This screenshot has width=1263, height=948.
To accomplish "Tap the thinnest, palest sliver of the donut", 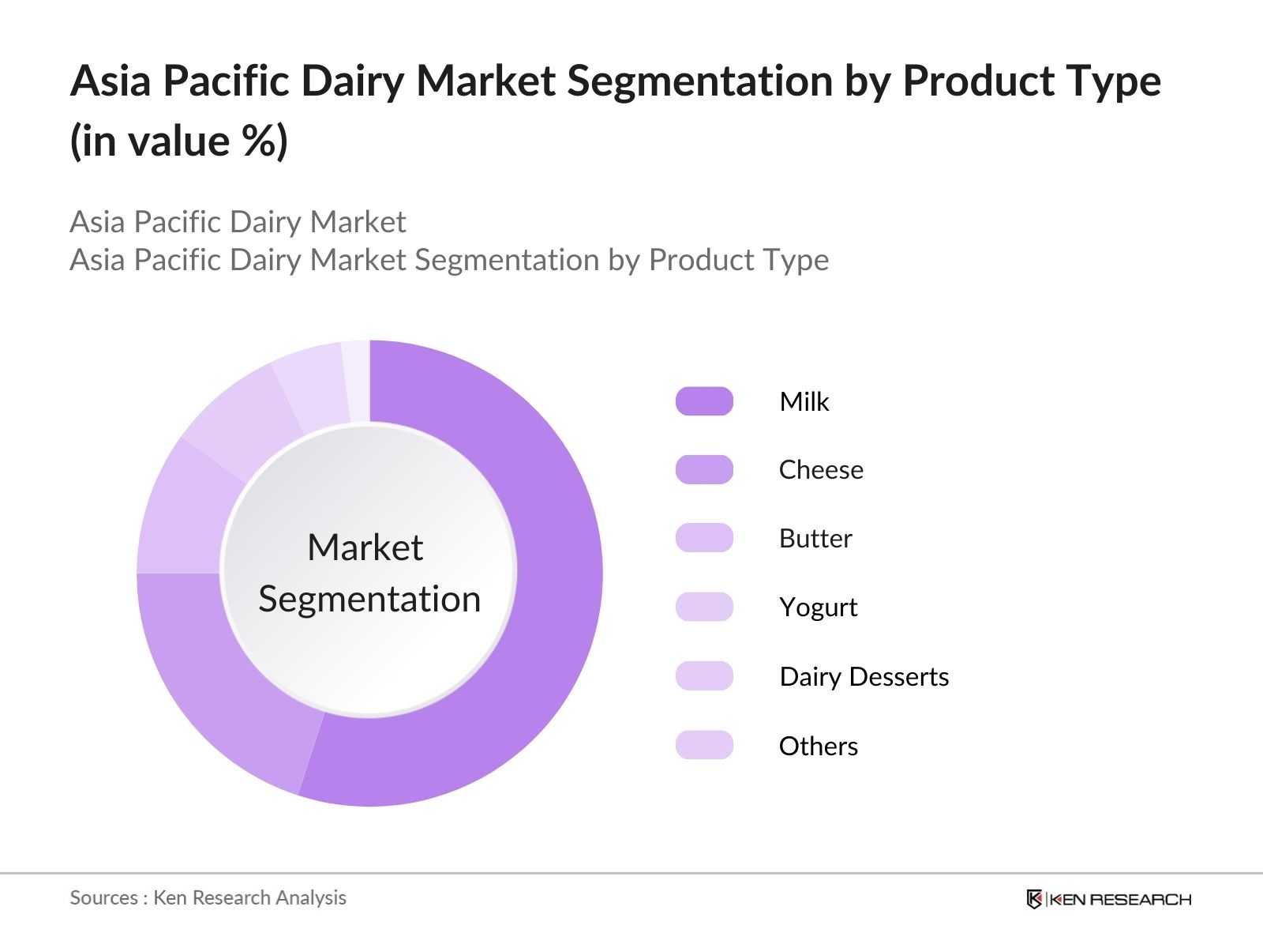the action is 357,380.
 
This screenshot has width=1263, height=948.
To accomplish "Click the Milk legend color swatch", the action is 704,401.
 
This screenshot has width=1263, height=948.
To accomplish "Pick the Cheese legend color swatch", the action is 704,470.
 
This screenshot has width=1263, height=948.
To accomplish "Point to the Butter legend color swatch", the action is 704,538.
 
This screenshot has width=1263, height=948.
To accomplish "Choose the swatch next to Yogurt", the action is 704,607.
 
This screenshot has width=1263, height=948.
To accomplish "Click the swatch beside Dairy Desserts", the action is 704,675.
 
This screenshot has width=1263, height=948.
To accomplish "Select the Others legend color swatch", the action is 704,745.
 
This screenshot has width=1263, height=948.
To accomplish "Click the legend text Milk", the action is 804,401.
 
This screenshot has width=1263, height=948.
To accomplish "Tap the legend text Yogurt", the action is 819,608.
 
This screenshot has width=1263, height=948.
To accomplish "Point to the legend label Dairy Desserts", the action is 864,677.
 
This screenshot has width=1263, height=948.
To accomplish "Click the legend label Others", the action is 819,746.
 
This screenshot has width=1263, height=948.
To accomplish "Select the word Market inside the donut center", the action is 365,547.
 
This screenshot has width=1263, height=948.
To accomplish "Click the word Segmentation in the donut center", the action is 369,600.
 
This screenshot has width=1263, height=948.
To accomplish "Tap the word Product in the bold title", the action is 977,80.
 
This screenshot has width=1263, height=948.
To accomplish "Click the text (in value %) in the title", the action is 178,141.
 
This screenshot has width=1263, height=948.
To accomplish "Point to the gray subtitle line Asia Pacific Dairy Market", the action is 238,222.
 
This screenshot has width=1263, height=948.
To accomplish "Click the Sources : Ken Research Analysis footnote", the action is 208,897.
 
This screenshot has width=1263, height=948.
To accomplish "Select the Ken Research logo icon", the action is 1034,899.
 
